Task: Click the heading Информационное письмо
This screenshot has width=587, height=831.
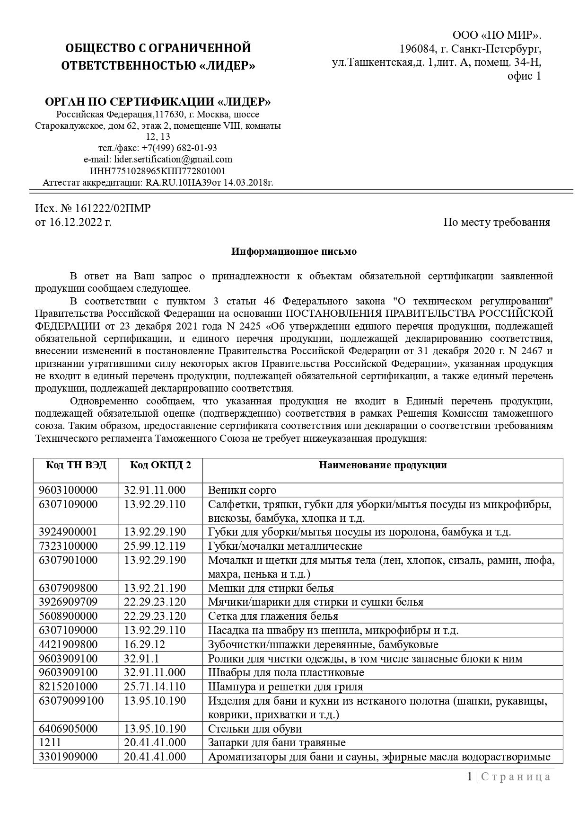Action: click(x=294, y=251)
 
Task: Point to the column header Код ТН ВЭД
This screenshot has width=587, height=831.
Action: click(x=76, y=465)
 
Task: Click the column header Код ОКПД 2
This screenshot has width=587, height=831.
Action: click(x=160, y=465)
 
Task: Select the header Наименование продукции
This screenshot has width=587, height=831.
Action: click(x=382, y=465)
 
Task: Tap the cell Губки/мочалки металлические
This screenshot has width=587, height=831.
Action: click(x=285, y=546)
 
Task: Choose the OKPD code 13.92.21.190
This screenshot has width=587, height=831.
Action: click(x=155, y=588)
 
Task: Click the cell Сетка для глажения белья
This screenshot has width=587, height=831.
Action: click(x=273, y=616)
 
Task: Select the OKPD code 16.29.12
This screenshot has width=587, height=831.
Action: click(x=142, y=644)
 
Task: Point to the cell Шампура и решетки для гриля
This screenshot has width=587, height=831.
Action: click(x=285, y=687)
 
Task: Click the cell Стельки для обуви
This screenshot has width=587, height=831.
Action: click(x=254, y=729)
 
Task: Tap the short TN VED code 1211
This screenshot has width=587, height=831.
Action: click(x=49, y=742)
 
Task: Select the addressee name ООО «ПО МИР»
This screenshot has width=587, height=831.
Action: click(x=497, y=36)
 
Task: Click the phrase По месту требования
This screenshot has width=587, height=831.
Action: click(x=496, y=222)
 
